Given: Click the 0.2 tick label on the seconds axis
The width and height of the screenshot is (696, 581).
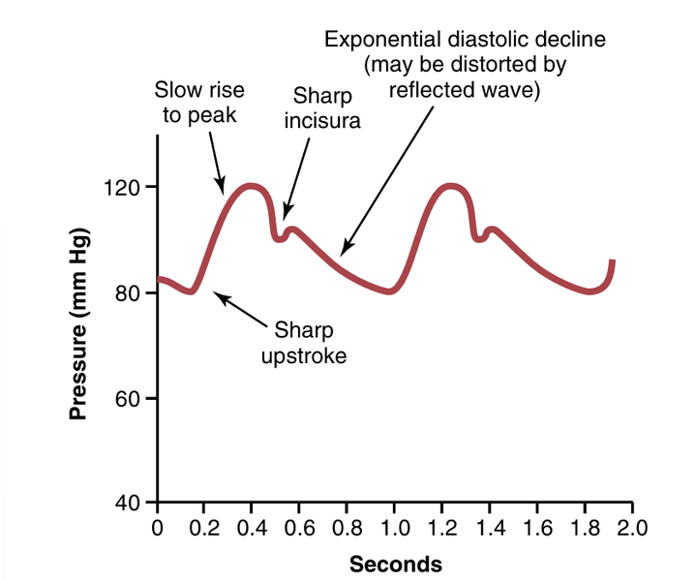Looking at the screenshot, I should pos(204,529).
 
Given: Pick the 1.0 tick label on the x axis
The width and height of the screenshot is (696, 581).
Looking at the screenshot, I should pos(395,529).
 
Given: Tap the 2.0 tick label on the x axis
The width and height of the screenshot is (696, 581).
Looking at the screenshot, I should pos(632,529).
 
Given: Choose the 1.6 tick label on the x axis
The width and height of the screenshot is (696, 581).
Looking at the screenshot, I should pos(537,529).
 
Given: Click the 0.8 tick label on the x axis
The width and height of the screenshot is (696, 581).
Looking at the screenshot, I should pos(348,529).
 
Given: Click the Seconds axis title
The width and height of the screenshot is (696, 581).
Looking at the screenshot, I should pos(395,564).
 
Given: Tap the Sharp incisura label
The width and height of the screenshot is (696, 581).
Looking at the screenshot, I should pos(322,108).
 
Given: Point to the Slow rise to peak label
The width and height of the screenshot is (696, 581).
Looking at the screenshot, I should pos(200,102).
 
